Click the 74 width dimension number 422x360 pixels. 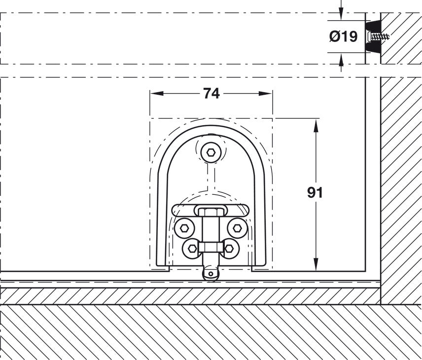click(211, 93)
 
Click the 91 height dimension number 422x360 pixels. click(315, 192)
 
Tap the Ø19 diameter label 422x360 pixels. click(343, 36)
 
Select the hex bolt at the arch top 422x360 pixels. click(211, 152)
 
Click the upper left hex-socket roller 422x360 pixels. click(184, 227)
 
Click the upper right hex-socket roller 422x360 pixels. click(237, 227)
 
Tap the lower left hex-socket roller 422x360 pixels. click(192, 248)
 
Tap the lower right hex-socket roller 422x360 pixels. click(230, 248)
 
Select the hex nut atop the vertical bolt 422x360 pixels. click(211, 212)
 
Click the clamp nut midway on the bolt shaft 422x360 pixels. click(211, 247)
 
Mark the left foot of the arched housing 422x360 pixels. click(163, 268)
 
